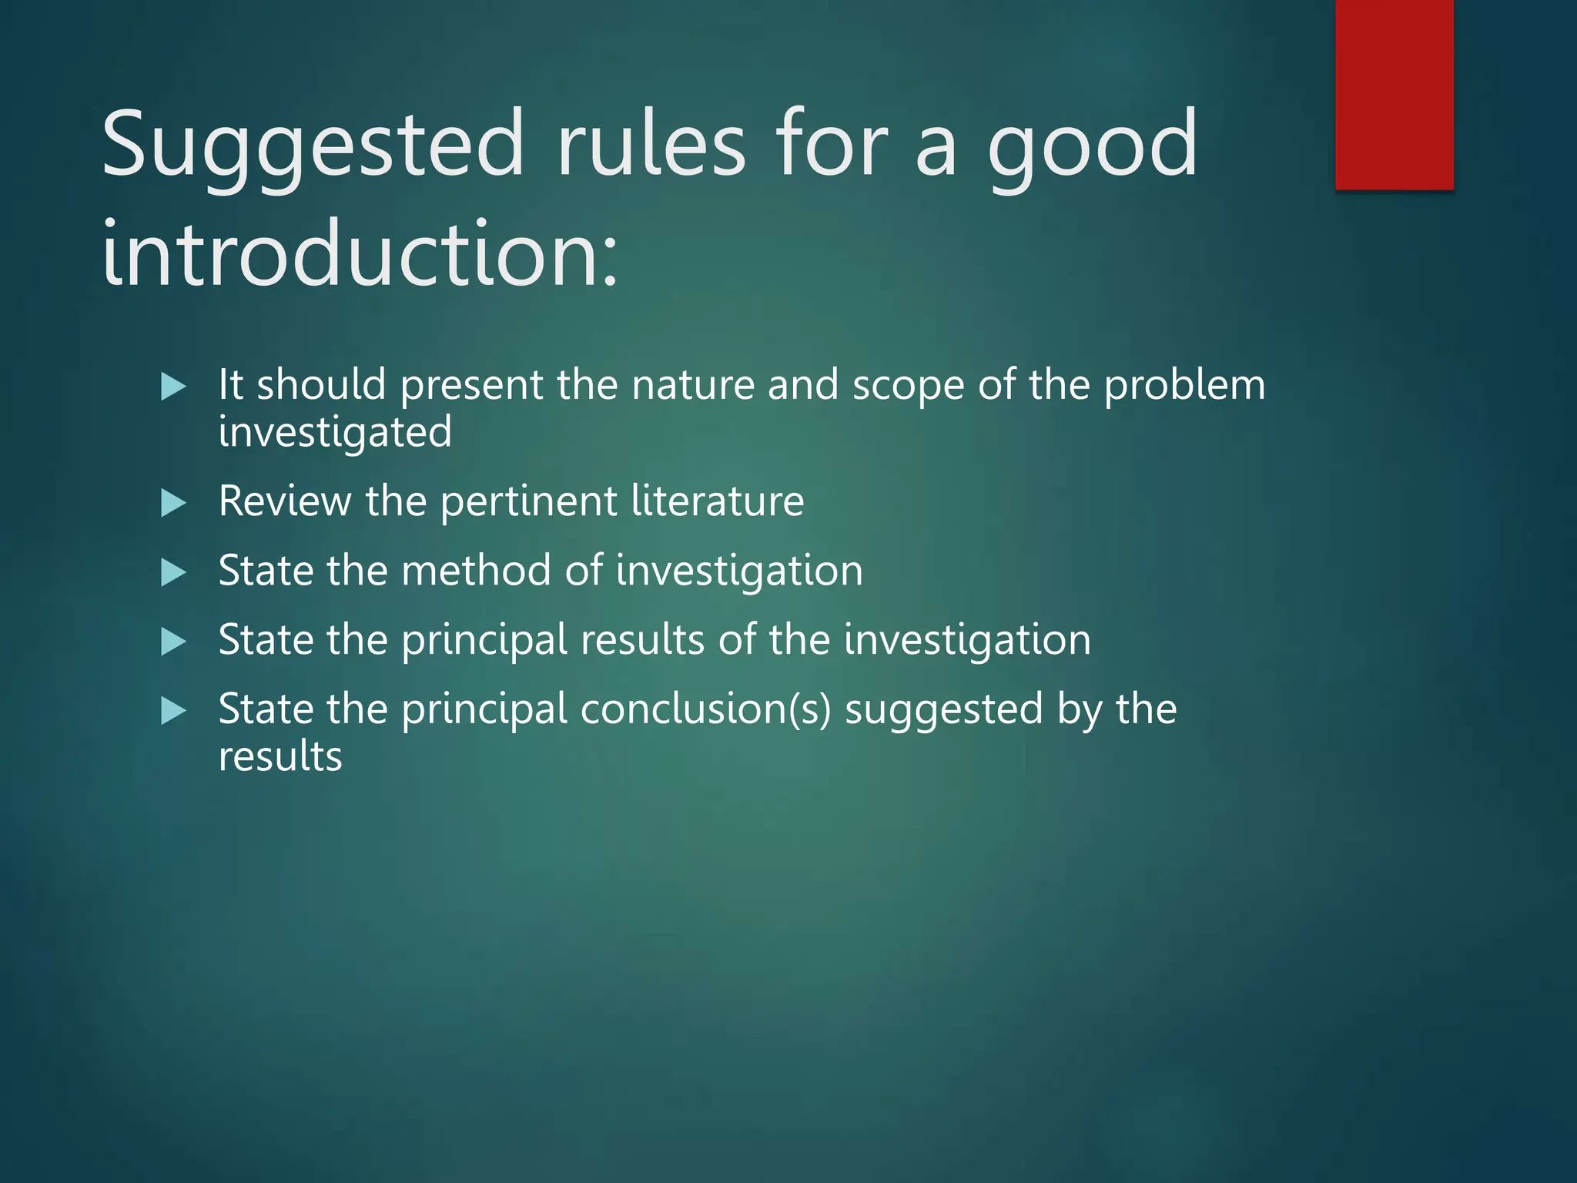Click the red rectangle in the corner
[x=1394, y=94]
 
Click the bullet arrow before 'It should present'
[x=173, y=386]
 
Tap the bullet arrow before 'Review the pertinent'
[x=173, y=504]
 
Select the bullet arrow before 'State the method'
[x=173, y=572]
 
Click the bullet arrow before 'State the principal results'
[x=173, y=642]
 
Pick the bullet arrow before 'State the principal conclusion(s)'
[x=173, y=711]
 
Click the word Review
[x=284, y=501]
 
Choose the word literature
[x=717, y=501]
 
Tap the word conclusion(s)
[x=705, y=709]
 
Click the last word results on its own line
[x=280, y=756]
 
